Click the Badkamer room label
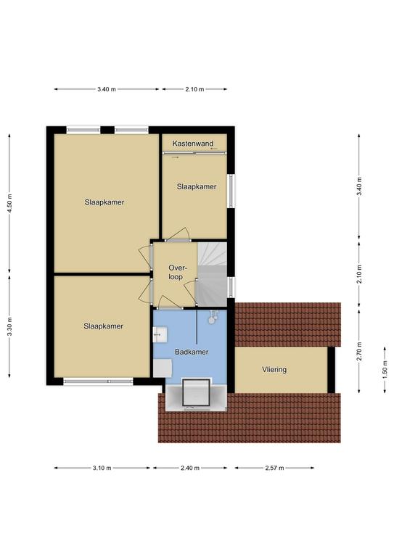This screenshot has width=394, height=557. coord(192,352)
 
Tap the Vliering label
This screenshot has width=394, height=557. coord(274,369)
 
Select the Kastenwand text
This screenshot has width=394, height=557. coord(193,144)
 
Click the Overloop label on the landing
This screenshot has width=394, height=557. coord(176,273)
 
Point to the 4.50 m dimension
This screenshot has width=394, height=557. coord(9,203)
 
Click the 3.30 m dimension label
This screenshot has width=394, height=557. coord(9,326)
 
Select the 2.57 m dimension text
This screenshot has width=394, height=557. coord(274,468)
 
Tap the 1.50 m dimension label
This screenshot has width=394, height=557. coord(385,370)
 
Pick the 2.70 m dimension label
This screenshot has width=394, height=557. coord(359,351)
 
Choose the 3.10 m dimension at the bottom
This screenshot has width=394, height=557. coord(102,468)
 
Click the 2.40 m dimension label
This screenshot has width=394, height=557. coord(189,468)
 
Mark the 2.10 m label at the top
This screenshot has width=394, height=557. coord(194,89)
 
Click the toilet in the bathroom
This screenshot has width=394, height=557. coord(213,317)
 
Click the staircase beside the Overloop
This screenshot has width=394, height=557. coord(212,274)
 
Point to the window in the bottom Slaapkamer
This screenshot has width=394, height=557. coord(98,381)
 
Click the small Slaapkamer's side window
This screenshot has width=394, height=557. coord(231,191)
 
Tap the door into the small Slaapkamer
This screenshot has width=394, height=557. coord(177,235)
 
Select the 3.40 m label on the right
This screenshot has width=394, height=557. coord(359,186)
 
